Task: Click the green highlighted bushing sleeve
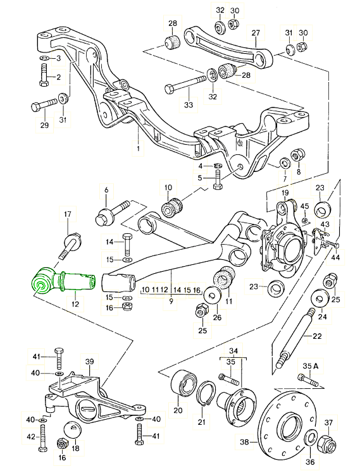pos(63,281)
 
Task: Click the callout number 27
pos(256,33)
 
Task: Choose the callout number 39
pos(89,362)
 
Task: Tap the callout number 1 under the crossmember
pos(137,150)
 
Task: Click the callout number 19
pos(285,192)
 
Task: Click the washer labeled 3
pos(47,59)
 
